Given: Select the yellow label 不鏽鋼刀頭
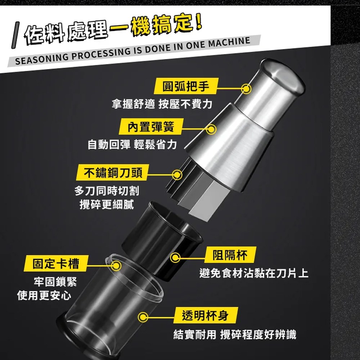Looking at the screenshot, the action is pos(112,172).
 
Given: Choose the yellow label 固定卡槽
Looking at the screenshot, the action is pos(56,263).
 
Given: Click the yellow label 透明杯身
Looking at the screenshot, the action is pos(206,315).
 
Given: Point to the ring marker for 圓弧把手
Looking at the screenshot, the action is pos(246,89).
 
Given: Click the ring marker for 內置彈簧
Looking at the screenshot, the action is pos(211,129).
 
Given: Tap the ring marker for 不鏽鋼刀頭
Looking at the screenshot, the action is pos(177,175).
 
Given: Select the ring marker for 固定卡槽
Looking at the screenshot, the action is pos(116,266).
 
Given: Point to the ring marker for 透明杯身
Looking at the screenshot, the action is pos(143,317).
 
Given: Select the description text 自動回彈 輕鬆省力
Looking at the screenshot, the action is pos(132,145).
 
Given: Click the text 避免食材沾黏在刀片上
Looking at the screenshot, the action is pos(254,273).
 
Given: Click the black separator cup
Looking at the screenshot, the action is pos(162,241).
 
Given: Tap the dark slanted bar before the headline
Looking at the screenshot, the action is pos(15,35).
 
